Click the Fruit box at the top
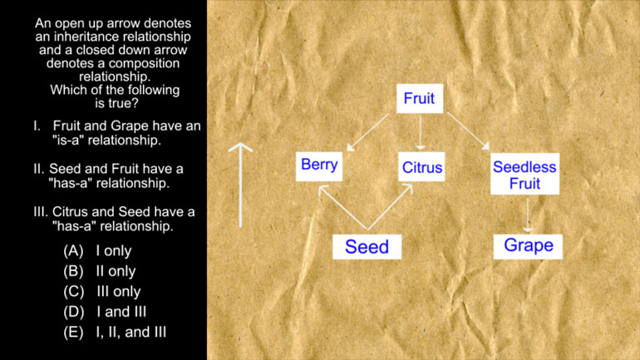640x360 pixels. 420,98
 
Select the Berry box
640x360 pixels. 319,166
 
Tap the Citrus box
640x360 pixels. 421,166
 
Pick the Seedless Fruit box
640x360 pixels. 525,174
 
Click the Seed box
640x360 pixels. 367,247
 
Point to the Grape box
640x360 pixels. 528,247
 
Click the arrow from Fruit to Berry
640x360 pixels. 368,132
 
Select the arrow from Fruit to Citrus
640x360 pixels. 421,133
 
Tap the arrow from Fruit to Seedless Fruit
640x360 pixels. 468,131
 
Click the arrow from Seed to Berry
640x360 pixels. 342,207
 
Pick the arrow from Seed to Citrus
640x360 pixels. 390,207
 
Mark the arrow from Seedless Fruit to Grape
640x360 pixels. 528,215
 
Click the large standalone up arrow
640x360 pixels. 240,185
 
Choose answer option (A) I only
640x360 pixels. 97,250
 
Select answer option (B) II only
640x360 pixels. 100,271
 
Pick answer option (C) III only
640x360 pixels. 102,292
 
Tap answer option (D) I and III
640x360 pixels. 105,312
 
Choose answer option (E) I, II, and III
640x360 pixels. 115,333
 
